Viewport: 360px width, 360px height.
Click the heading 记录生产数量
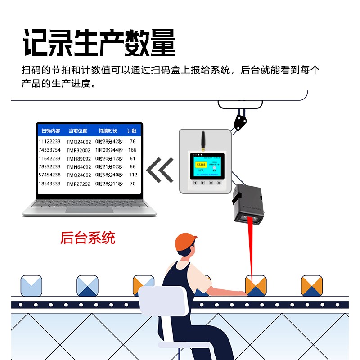99,43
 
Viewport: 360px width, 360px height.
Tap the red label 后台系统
88,238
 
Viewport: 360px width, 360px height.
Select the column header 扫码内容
50,131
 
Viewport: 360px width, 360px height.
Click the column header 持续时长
108,131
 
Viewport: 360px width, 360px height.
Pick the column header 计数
132,131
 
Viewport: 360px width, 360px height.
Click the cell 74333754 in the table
49,150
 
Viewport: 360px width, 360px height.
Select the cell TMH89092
79,159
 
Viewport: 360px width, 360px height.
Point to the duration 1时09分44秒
108,150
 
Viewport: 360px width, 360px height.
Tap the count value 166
132,150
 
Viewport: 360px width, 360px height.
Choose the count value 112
133,175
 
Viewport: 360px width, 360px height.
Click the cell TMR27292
79,184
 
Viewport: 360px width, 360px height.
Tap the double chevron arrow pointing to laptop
160,170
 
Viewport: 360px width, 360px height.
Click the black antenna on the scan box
202,140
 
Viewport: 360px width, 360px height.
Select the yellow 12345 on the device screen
201,165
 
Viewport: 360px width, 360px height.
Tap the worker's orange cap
185,242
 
